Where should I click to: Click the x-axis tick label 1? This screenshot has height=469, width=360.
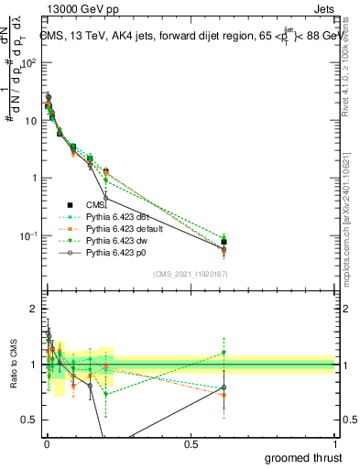tap(335, 443)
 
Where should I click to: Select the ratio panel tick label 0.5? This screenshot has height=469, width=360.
tap(29, 420)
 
